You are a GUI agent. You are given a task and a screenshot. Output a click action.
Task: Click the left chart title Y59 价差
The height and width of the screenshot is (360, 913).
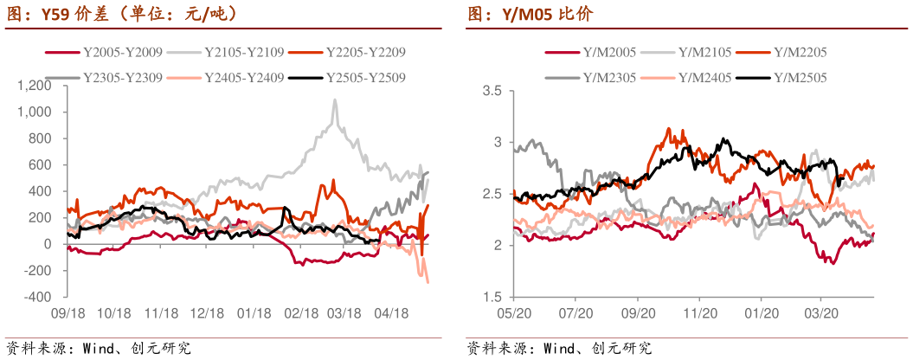click(121, 15)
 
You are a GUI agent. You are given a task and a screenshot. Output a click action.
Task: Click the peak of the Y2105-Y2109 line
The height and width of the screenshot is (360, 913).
click(335, 100)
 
